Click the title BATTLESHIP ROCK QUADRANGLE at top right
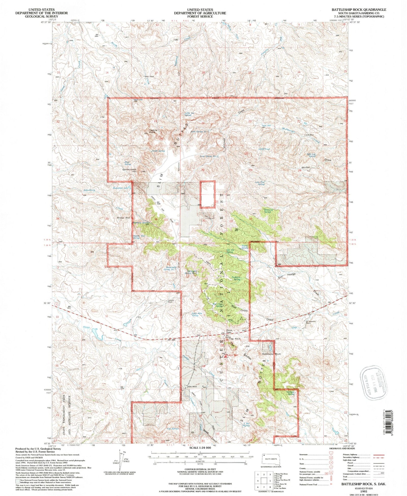(359, 9)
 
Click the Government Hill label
(129, 171)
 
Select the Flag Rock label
(234, 339)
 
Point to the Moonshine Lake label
(120, 188)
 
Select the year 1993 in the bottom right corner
(363, 491)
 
